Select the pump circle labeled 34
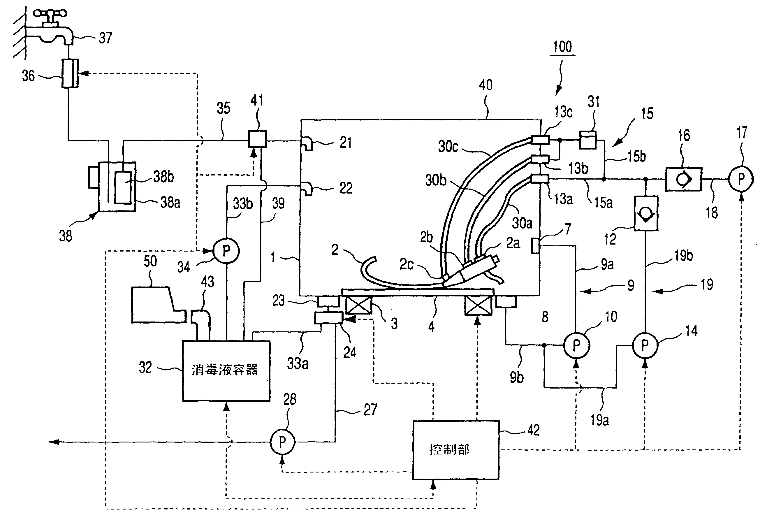click(x=226, y=251)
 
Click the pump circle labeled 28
click(x=282, y=442)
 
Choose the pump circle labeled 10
click(x=576, y=345)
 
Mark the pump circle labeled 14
click(x=645, y=345)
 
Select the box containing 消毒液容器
click(x=226, y=371)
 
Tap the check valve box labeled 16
click(x=683, y=179)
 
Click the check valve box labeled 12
click(x=645, y=213)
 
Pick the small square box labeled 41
click(x=257, y=139)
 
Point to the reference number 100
click(x=562, y=47)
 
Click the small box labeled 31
click(x=587, y=140)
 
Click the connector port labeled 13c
click(x=540, y=140)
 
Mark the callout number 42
click(x=533, y=430)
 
